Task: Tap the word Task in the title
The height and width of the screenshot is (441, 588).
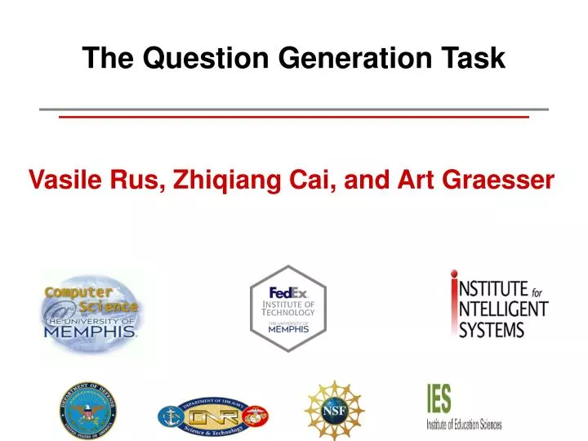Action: point(474,59)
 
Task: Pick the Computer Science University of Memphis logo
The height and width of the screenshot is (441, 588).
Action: point(91,310)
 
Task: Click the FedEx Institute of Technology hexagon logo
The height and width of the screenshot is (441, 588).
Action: point(287,309)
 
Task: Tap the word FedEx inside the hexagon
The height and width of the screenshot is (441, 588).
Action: point(287,292)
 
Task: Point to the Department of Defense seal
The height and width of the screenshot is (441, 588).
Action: point(87,408)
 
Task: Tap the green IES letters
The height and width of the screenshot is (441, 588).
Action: point(439,399)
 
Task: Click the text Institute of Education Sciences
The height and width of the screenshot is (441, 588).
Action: point(463,424)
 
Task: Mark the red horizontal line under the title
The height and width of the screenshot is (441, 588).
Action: point(294,118)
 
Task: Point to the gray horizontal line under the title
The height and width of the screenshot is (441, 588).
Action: point(294,109)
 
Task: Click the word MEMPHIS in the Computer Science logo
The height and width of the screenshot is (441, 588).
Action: point(91,332)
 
